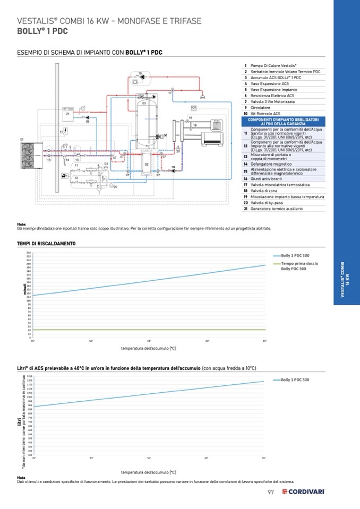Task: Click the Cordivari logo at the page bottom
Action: pyautogui.click(x=303, y=491)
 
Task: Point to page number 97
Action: pyautogui.click(x=270, y=491)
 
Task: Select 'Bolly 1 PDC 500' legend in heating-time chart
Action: pyautogui.click(x=295, y=256)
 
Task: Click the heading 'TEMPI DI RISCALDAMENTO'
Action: pyautogui.click(x=46, y=244)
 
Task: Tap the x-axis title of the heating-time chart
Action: pyautogui.click(x=149, y=348)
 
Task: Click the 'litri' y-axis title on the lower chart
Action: pyautogui.click(x=20, y=422)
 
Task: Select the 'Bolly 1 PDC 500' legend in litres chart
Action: pyautogui.click(x=295, y=380)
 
